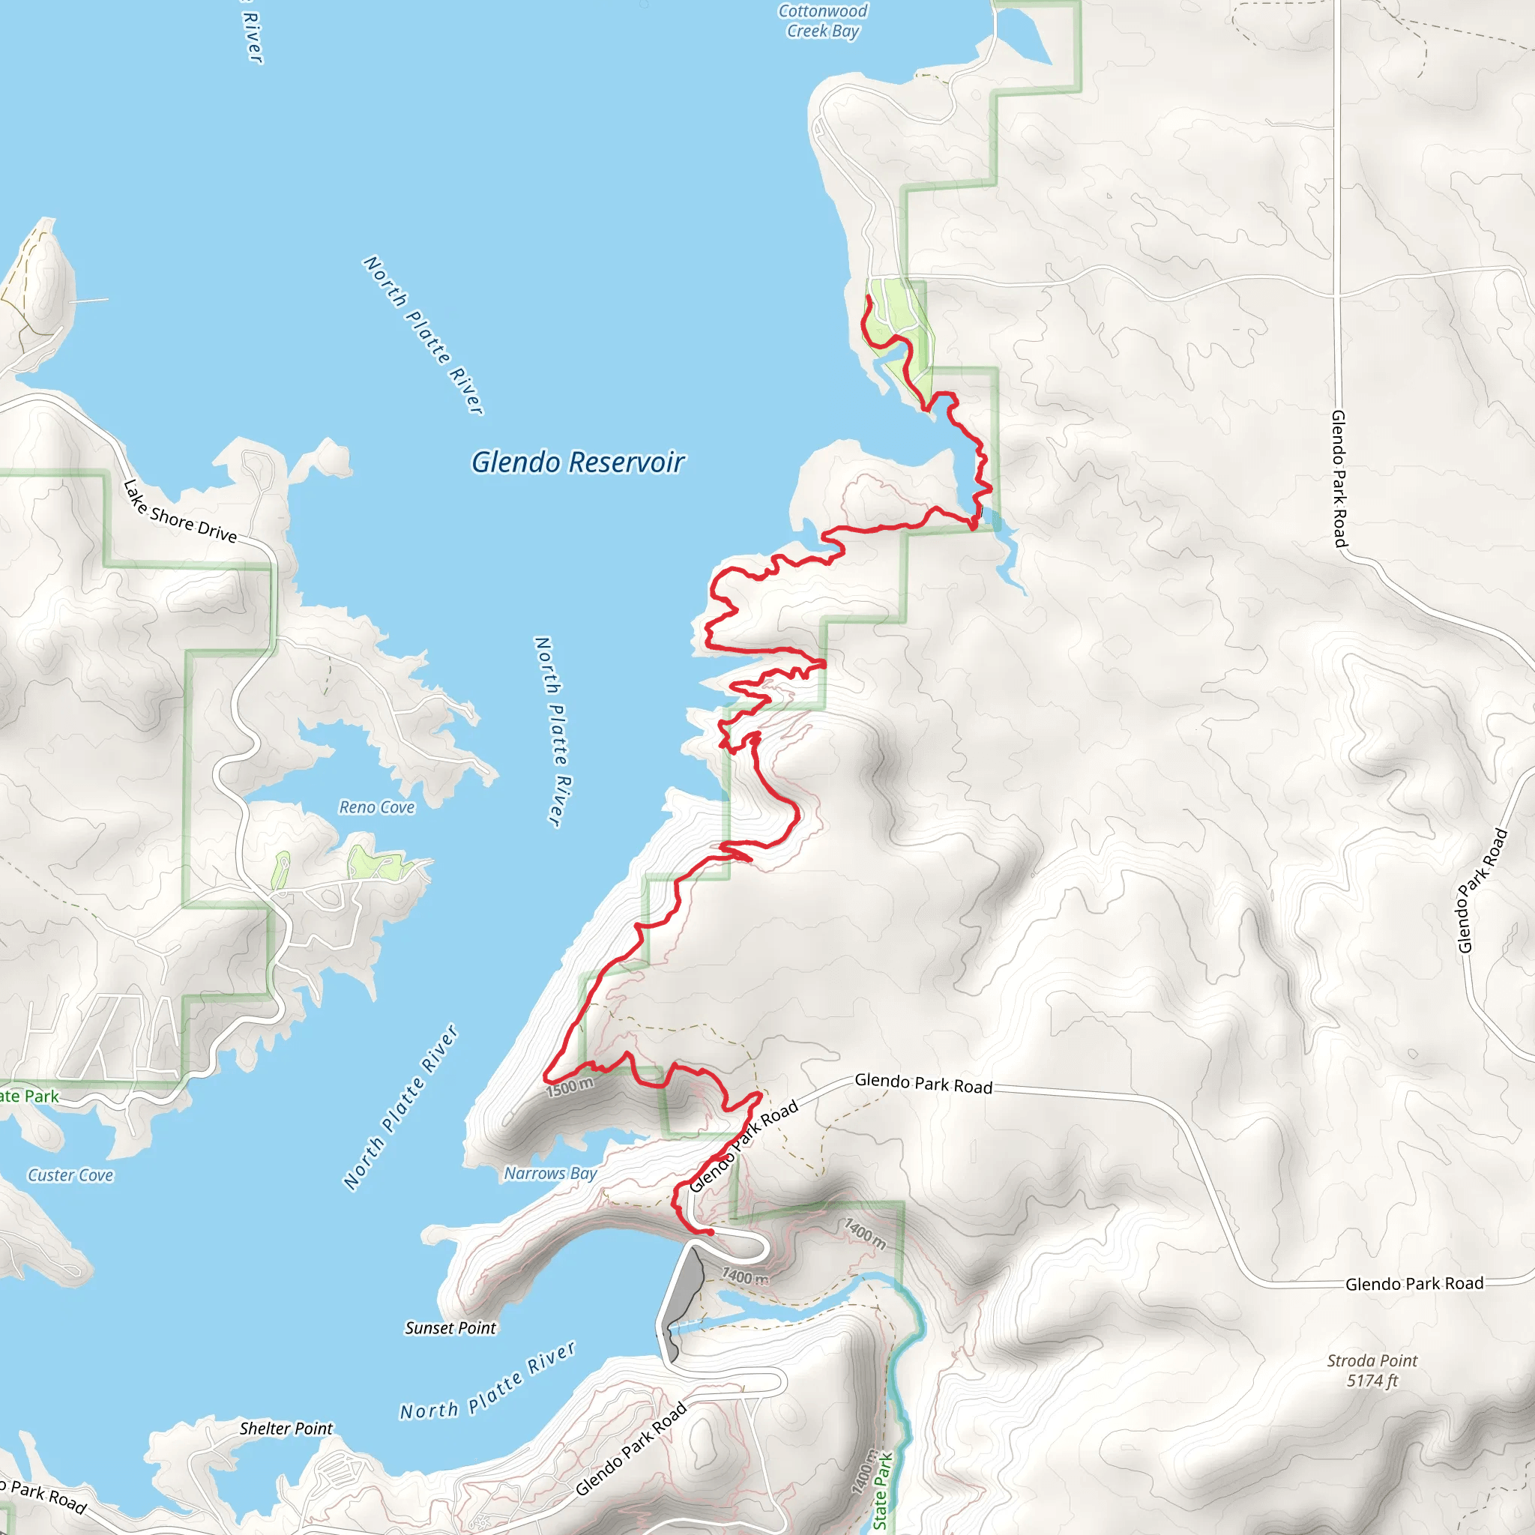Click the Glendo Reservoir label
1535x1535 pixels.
[578, 462]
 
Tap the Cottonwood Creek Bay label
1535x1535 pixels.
[822, 22]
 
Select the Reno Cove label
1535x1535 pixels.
[376, 807]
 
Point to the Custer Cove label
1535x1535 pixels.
[70, 1175]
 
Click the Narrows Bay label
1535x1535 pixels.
[550, 1174]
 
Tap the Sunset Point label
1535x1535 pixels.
[450, 1327]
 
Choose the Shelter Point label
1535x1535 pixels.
[286, 1428]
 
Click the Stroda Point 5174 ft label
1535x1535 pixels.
[1372, 1371]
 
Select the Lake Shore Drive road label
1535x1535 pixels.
[180, 513]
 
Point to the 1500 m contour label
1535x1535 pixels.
[570, 1087]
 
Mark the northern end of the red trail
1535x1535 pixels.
[869, 297]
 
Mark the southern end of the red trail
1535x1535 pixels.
[711, 1232]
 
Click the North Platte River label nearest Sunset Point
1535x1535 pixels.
[487, 1381]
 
